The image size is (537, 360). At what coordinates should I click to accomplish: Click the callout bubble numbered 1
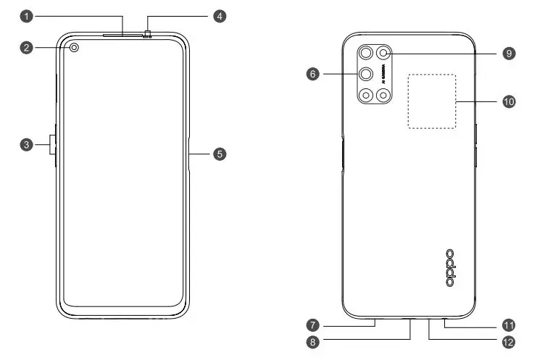[x=25, y=14]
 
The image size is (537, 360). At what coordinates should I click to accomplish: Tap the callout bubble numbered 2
[x=25, y=49]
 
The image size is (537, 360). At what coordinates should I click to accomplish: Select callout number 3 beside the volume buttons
[x=25, y=145]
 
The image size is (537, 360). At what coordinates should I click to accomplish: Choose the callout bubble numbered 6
[x=313, y=74]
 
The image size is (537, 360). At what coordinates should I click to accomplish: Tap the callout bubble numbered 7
[x=313, y=324]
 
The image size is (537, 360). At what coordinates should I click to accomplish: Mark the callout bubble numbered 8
[x=313, y=341]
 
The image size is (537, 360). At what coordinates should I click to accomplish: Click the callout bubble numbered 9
[x=510, y=54]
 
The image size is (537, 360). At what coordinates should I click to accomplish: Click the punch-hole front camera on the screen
[x=75, y=49]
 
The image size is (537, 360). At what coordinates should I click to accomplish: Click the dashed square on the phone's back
[x=432, y=101]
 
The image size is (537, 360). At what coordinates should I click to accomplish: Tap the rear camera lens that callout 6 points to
[x=365, y=74]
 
